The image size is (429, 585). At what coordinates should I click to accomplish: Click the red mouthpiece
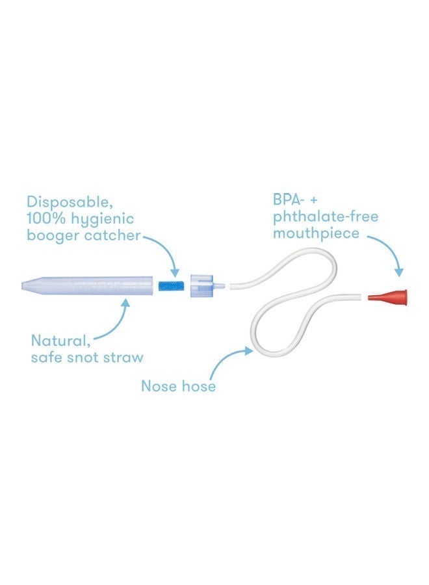pyautogui.click(x=388, y=296)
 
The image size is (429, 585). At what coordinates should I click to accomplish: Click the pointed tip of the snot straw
pyautogui.click(x=22, y=286)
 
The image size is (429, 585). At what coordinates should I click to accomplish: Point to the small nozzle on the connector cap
pyautogui.click(x=219, y=286)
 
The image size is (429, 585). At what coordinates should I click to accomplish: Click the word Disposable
pyautogui.click(x=70, y=202)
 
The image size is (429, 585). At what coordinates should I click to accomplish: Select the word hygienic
pyautogui.click(x=102, y=220)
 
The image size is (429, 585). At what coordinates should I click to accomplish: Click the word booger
pyautogui.click(x=53, y=236)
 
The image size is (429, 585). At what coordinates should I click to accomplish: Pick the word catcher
pyautogui.click(x=112, y=236)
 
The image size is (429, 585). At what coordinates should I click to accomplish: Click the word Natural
pyautogui.click(x=60, y=341)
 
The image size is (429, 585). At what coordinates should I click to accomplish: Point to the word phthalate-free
pyautogui.click(x=326, y=216)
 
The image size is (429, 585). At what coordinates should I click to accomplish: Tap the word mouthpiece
pyautogui.click(x=317, y=234)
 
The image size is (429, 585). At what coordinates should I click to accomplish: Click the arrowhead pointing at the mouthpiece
pyautogui.click(x=399, y=272)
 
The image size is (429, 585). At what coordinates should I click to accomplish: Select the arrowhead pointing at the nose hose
pyautogui.click(x=248, y=350)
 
